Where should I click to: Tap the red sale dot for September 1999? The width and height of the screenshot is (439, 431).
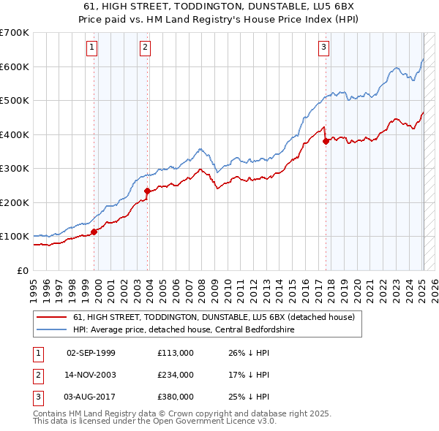(x=94, y=232)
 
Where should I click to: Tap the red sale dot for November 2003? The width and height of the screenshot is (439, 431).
(x=147, y=191)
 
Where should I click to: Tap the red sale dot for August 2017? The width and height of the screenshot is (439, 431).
(x=326, y=142)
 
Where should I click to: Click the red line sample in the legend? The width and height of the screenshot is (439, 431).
(x=52, y=317)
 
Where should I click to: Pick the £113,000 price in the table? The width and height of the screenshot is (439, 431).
(x=176, y=353)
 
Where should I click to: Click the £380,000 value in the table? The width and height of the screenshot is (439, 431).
(x=176, y=397)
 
